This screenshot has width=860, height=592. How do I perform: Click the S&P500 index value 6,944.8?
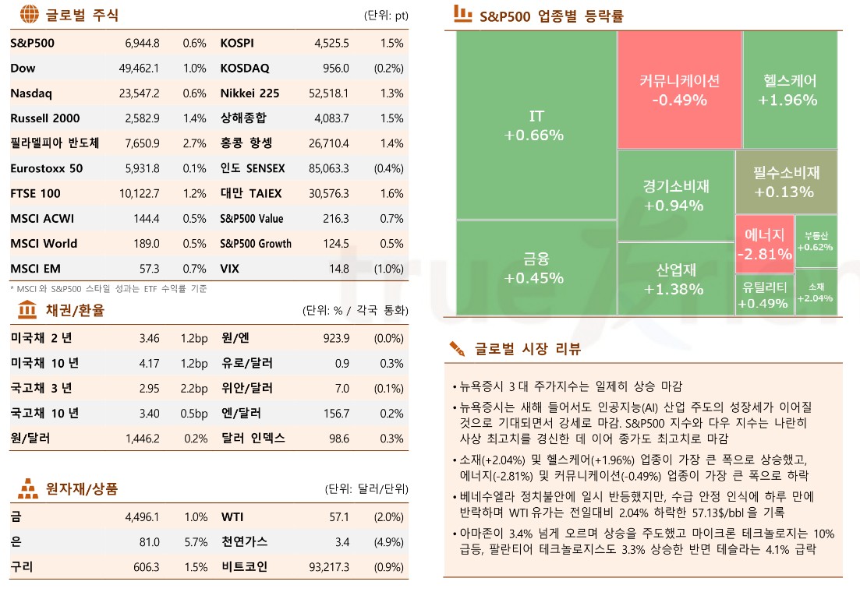[142, 44]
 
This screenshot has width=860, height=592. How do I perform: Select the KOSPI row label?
[237, 44]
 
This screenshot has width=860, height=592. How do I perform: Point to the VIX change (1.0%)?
[389, 269]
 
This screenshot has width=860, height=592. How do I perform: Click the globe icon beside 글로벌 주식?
[29, 14]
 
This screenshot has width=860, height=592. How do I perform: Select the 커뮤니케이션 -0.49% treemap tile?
[679, 90]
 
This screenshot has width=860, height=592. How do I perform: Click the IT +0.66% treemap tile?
[535, 125]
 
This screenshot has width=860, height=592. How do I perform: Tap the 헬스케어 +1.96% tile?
[789, 90]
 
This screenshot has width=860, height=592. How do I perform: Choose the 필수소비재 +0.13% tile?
[786, 182]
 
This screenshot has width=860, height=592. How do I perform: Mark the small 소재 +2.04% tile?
[816, 292]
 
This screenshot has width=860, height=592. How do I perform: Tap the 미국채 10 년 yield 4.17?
[149, 364]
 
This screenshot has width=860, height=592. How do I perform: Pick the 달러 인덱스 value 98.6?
[339, 439]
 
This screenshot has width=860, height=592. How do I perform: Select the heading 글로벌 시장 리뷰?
[527, 349]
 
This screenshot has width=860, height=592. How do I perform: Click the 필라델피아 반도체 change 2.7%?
[195, 143]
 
